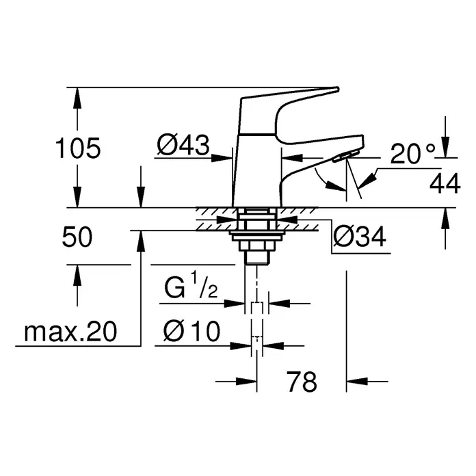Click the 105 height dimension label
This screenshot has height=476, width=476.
[x=77, y=147]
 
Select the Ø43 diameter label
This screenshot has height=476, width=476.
[x=182, y=144]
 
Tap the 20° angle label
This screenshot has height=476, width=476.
[x=413, y=155]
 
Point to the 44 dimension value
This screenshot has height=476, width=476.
[x=445, y=183]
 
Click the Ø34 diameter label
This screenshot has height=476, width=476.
[x=360, y=237]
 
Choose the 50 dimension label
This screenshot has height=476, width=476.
[x=77, y=238]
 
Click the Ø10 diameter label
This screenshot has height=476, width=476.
[x=191, y=332]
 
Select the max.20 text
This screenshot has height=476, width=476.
[x=70, y=332]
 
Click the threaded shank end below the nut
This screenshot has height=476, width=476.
[x=256, y=256]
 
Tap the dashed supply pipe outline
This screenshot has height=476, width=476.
[x=256, y=321]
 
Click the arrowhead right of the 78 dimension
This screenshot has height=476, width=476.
[x=356, y=382]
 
